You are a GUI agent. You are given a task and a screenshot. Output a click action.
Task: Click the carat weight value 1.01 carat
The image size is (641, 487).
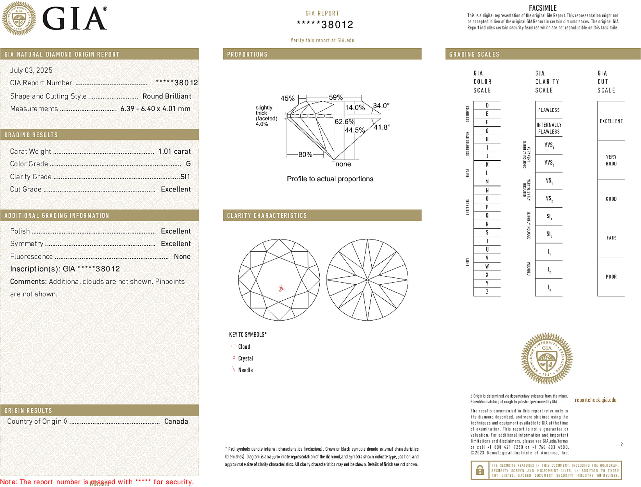[x=174, y=151]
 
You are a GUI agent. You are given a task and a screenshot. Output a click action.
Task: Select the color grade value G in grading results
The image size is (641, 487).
[x=188, y=164]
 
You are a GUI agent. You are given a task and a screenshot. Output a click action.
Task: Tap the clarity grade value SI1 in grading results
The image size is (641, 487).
[x=185, y=177]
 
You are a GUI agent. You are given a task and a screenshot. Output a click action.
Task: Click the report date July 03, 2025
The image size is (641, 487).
[x=31, y=71]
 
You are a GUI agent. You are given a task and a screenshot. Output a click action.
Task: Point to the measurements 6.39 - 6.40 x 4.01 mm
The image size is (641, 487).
[x=155, y=109]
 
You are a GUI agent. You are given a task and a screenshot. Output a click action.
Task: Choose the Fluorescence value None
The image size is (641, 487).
[x=182, y=257]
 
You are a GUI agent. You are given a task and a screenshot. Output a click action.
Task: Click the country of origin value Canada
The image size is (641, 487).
[x=176, y=422]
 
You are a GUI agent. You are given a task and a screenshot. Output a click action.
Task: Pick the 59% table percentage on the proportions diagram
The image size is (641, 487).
[x=335, y=97]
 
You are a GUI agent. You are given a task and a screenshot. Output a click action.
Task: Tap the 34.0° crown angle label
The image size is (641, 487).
[x=381, y=105]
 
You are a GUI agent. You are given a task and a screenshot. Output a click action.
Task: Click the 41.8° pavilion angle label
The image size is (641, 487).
[x=382, y=127]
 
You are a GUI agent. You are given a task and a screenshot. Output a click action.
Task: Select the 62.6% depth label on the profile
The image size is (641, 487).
[x=344, y=122]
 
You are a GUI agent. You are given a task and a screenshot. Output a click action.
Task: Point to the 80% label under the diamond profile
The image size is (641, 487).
[x=305, y=154]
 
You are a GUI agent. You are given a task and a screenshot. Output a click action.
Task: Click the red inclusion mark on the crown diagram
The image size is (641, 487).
[x=281, y=288]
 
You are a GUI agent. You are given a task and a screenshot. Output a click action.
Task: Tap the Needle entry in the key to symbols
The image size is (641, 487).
[x=245, y=370]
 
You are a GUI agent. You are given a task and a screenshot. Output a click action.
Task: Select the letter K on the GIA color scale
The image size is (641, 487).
[x=487, y=165]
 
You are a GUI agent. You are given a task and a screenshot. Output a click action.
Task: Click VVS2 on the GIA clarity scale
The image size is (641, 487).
[x=549, y=163]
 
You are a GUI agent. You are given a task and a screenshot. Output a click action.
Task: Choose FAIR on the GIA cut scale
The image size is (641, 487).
[x=611, y=238]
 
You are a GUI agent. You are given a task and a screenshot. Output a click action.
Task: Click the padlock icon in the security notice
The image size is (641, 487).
[x=480, y=470]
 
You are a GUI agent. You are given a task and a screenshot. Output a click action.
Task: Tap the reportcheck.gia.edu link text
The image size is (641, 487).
[x=595, y=400]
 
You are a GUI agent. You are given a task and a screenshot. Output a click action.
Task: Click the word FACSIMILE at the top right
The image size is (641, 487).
[x=543, y=8]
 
